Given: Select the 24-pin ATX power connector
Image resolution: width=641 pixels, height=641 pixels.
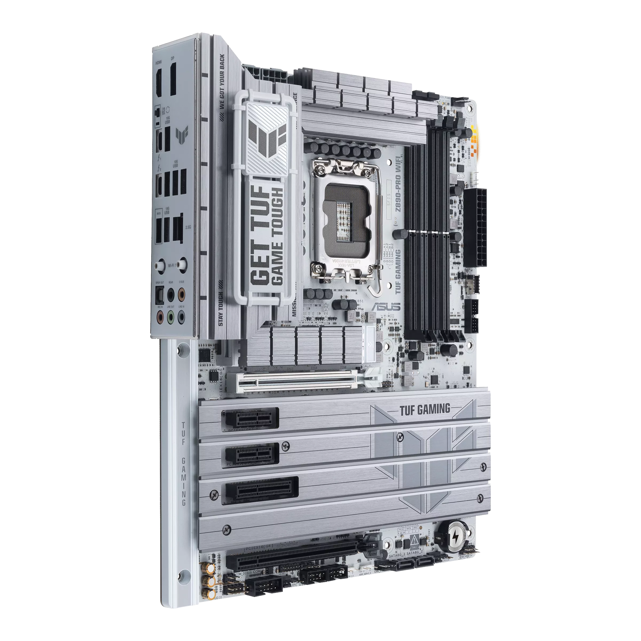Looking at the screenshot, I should coord(475,229).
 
